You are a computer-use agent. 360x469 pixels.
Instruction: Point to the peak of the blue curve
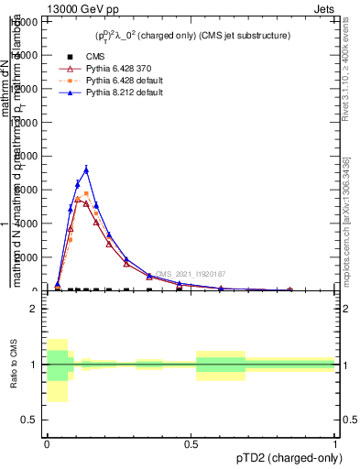coord(86,169)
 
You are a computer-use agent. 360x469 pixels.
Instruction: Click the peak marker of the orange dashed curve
coord(86,193)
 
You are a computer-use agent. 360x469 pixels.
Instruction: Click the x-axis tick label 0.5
coord(191,443)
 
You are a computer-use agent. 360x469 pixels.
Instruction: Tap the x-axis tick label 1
coord(335,443)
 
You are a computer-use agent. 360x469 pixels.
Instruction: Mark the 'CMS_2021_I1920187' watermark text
coord(190,274)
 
